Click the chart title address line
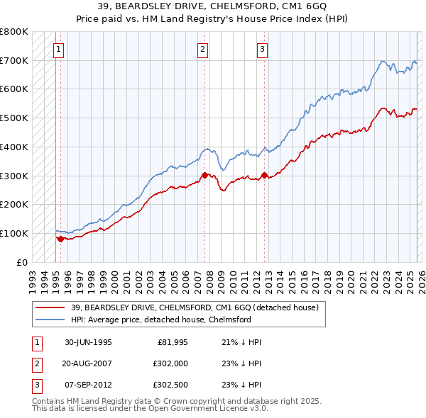(212, 6)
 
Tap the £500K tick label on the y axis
(14, 118)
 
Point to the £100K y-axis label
(14, 233)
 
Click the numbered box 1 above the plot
(58, 50)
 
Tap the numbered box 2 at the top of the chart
(203, 50)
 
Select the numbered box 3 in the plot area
(262, 50)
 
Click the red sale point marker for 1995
(60, 239)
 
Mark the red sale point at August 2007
(204, 175)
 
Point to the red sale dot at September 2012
(264, 175)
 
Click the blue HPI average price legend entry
(161, 320)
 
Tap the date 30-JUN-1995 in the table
(88, 342)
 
